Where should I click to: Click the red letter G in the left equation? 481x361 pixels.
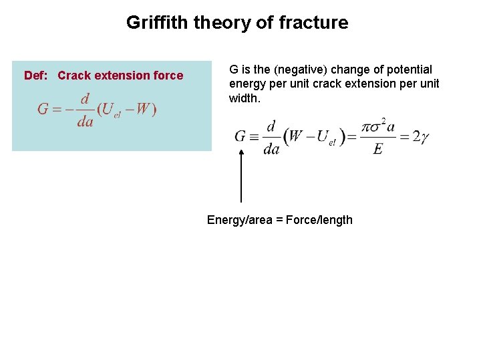tap(43, 109)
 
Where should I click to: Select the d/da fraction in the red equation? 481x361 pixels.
tap(84, 110)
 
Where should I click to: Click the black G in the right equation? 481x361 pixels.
tap(241, 136)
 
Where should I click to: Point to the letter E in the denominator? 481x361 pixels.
tap(377, 149)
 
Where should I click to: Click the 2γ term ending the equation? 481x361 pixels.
tap(421, 137)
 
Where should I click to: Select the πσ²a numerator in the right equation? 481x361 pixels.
tap(377, 126)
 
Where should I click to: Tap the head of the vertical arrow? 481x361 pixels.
tap(241, 151)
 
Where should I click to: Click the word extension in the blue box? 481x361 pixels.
tap(125, 76)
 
